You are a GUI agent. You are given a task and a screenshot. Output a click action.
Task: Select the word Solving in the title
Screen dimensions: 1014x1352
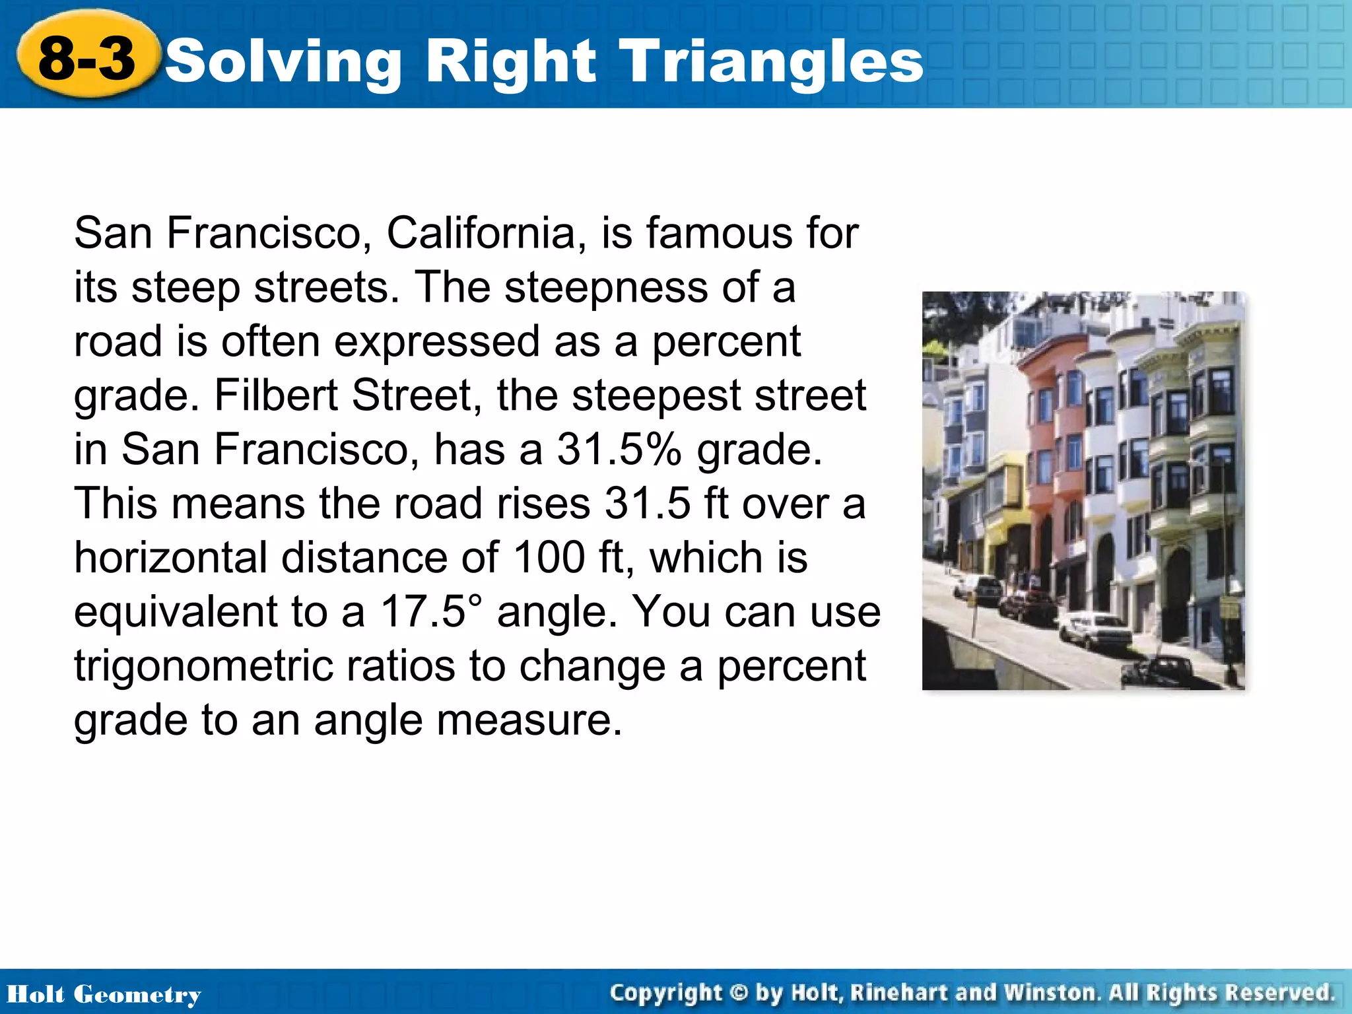tap(283, 63)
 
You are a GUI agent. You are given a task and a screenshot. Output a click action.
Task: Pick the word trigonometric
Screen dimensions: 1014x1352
tap(264, 667)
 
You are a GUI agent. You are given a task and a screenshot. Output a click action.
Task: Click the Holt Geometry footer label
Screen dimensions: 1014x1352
tap(104, 994)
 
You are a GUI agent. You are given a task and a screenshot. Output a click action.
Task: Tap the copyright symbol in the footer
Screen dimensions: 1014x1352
tap(739, 993)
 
